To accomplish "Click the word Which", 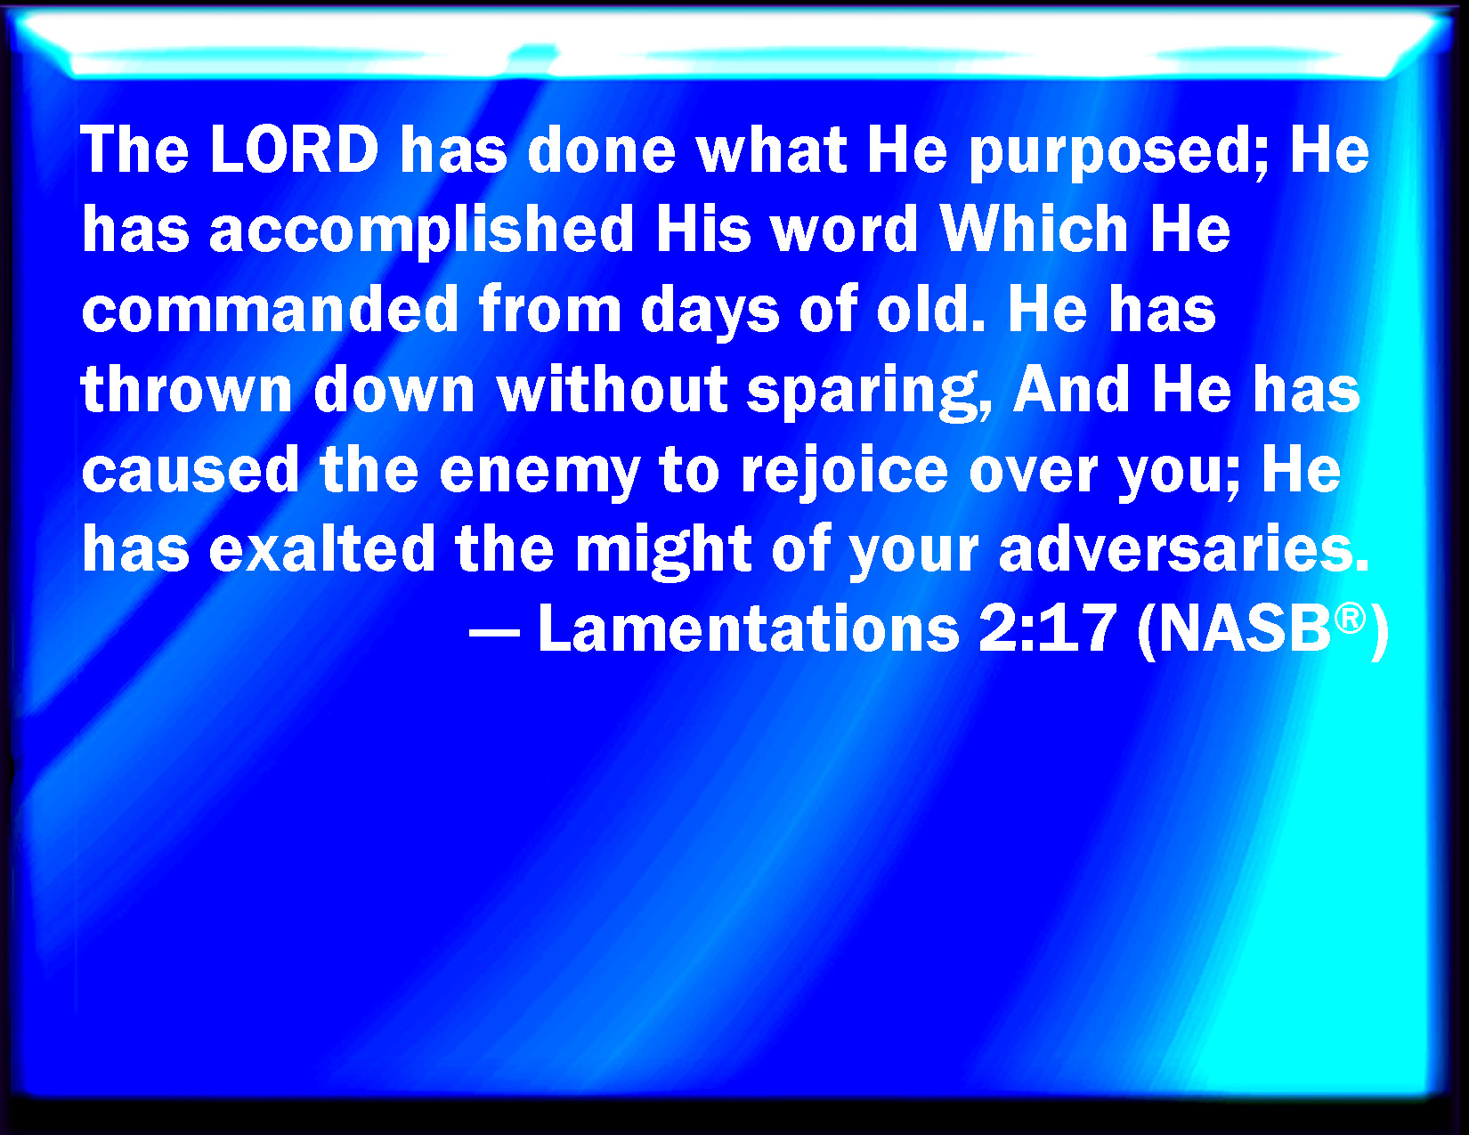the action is click(1034, 229).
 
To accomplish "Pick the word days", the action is click(710, 313).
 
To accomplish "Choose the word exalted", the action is click(322, 549).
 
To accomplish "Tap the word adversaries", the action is click(1184, 549).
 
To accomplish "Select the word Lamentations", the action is click(749, 628).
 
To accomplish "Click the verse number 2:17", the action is click(1046, 628).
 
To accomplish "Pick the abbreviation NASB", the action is click(1244, 628).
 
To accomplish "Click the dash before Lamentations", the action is click(494, 636).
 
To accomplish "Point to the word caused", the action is click(191, 471).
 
